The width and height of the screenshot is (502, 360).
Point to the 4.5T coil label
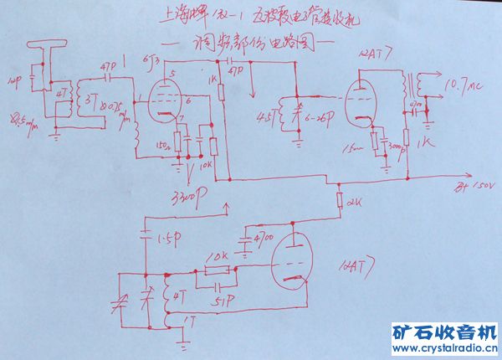[268, 115]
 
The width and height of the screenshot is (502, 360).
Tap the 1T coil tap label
[194, 319]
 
